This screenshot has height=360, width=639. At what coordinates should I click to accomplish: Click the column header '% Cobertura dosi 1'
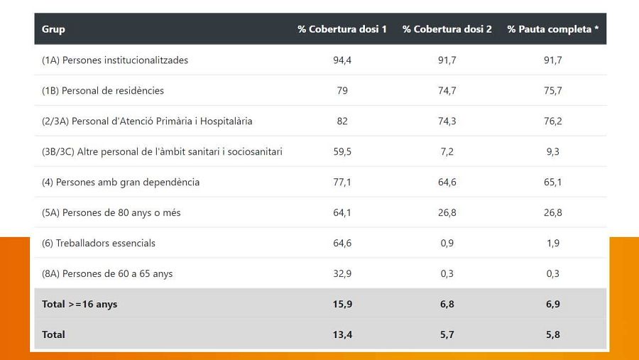click(x=342, y=29)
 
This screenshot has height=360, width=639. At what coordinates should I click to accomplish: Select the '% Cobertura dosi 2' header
click(x=447, y=29)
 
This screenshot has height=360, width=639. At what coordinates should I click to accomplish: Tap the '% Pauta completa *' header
click(x=553, y=29)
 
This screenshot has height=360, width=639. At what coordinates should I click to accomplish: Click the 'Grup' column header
click(x=53, y=29)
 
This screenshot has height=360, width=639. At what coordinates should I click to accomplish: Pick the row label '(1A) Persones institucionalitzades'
click(x=115, y=60)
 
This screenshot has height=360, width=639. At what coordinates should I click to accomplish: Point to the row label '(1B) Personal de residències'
click(x=103, y=91)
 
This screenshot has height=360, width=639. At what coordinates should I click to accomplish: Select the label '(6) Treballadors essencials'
click(x=99, y=243)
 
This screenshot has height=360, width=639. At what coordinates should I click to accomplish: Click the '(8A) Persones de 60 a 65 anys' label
click(x=107, y=273)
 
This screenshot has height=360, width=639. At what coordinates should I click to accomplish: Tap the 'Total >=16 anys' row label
click(x=80, y=304)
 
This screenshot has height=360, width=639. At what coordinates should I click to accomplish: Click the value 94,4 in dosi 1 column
click(x=342, y=60)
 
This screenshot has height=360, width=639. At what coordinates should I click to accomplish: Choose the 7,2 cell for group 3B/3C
click(x=447, y=151)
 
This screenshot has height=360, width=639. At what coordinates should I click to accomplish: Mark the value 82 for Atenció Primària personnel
click(x=342, y=121)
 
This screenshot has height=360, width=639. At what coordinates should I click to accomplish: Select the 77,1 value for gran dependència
click(x=342, y=182)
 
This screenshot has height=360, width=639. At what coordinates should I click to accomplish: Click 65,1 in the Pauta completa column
click(x=553, y=182)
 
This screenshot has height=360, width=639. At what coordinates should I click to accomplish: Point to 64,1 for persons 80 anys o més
click(x=342, y=213)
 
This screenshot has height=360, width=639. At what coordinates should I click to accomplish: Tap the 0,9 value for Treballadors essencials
click(x=447, y=243)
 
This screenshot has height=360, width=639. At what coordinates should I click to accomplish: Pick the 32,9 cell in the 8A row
click(x=342, y=273)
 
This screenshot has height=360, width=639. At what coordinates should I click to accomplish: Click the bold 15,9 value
click(x=342, y=304)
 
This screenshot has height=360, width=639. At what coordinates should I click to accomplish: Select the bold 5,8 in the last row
click(x=553, y=334)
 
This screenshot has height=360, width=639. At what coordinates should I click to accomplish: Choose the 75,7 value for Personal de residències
click(x=553, y=91)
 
